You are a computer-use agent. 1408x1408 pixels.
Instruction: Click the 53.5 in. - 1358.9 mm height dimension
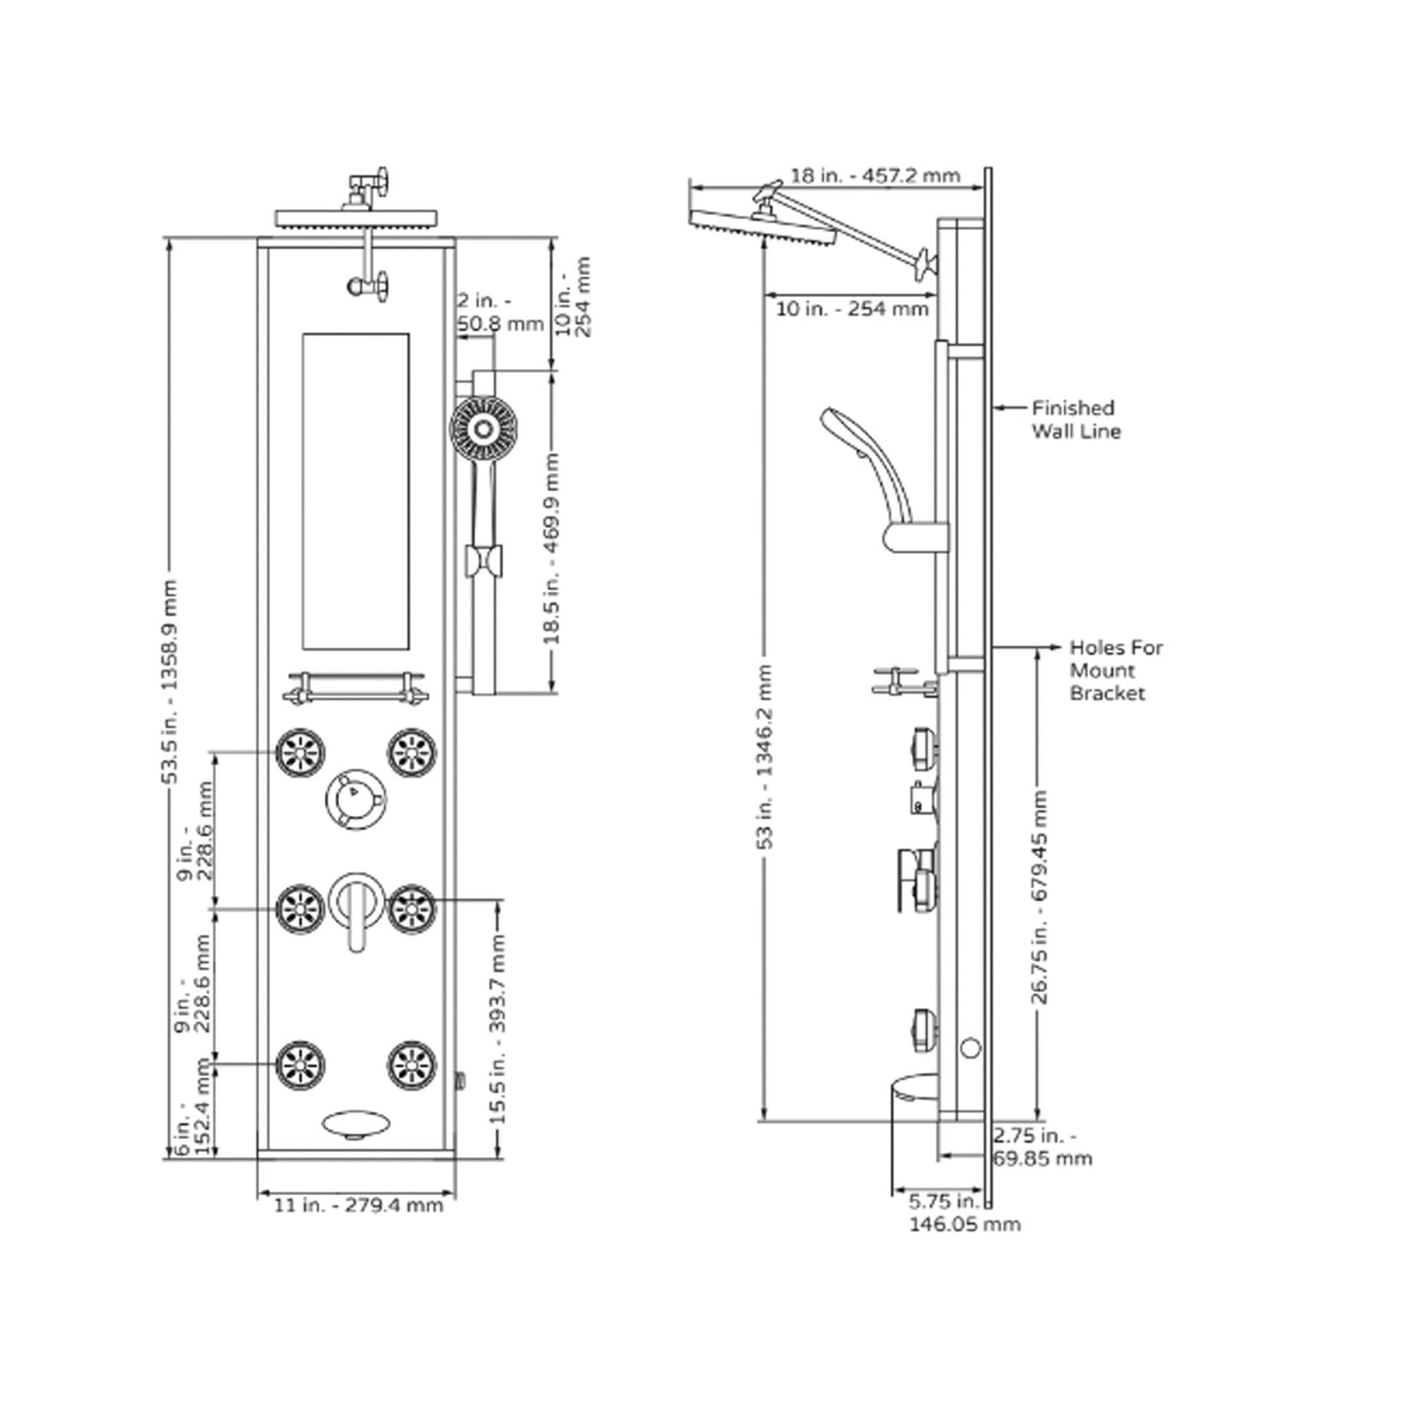(x=169, y=681)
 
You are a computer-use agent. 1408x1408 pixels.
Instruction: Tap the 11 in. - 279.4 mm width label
(x=358, y=1205)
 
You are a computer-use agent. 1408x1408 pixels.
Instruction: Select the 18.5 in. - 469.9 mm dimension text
(x=552, y=548)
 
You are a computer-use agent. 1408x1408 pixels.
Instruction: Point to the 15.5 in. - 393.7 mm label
(x=497, y=1029)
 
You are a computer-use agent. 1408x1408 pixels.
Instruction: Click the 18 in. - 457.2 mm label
(x=874, y=176)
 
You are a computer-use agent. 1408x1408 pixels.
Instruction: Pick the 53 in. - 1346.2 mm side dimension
(x=765, y=757)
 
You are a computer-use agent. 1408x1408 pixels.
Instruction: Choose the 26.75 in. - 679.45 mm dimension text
(x=1039, y=897)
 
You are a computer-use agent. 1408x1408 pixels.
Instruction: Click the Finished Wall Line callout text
(x=1076, y=420)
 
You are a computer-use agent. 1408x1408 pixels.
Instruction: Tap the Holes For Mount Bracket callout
(x=1115, y=670)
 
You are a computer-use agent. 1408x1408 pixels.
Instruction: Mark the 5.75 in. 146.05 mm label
(x=963, y=1213)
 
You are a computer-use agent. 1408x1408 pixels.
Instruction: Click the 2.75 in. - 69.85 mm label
(x=1042, y=1147)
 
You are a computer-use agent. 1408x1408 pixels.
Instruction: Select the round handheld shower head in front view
(x=483, y=430)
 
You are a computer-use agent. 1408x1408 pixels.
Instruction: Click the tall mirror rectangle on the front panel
(x=356, y=491)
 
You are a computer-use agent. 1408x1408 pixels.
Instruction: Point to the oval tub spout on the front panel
(x=355, y=1124)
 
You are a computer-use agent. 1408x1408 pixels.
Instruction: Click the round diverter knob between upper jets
(x=355, y=799)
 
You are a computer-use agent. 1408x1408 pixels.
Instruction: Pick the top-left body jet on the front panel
(x=300, y=753)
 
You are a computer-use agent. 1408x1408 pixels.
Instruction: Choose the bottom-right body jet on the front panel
(x=412, y=1065)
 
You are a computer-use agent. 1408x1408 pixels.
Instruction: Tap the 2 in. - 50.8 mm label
(x=499, y=313)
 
